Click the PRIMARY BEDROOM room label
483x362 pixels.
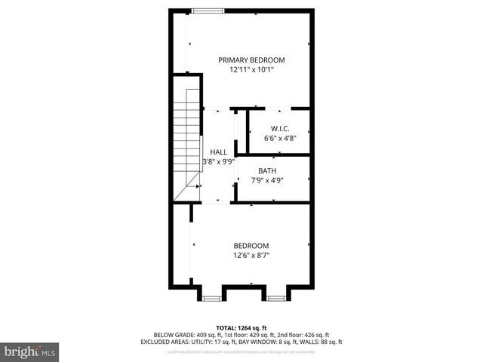click(251, 60)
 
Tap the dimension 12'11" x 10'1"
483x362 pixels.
click(251, 69)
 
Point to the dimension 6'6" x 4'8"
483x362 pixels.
click(280, 138)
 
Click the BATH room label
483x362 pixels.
click(267, 170)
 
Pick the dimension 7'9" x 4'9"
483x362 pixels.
click(267, 180)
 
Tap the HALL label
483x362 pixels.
click(218, 152)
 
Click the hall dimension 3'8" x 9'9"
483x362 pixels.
click(219, 161)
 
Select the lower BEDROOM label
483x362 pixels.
click(251, 246)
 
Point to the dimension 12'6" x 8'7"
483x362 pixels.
click(251, 256)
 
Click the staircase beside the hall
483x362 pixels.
click(187, 143)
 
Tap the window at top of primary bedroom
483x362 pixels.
click(208, 11)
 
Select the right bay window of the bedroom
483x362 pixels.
click(275, 299)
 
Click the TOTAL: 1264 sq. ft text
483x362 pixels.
click(241, 327)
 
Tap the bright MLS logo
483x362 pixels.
click(30, 351)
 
